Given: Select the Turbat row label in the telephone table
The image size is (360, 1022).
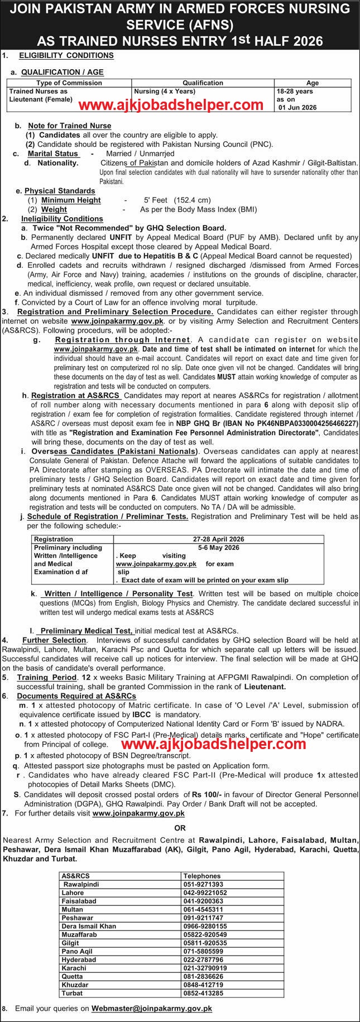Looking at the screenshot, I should [x=72, y=993].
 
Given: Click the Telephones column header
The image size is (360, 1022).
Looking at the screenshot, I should [x=204, y=876].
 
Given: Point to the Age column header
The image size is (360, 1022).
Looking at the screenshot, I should [x=313, y=83].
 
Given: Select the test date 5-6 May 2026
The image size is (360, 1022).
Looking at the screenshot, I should [x=218, y=548].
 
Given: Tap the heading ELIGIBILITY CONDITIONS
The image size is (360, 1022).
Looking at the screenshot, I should [x=66, y=55].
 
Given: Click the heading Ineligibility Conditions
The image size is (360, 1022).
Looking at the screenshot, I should [x=62, y=219].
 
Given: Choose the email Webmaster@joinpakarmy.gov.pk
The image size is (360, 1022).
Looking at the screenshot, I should [x=152, y=1009].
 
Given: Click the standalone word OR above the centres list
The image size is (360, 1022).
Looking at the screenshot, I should [x=180, y=828].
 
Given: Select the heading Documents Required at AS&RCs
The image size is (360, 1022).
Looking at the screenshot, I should [x=76, y=696].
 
